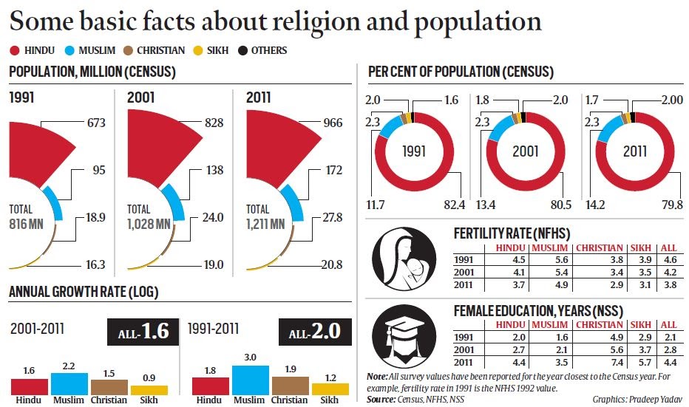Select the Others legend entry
(264, 50)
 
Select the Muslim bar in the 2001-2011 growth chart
(69, 383)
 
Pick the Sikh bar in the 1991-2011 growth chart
(330, 388)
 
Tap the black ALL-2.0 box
(314, 333)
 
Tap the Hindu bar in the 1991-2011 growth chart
(210, 386)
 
